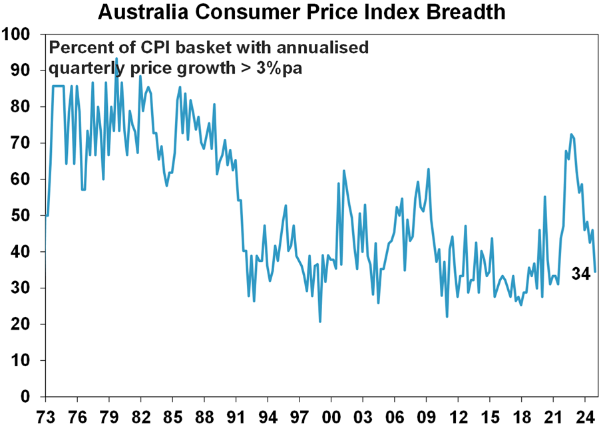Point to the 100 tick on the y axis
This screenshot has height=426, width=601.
pos(20,34)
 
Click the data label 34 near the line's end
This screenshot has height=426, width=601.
pos(580,273)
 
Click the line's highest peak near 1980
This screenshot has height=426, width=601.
pos(116,58)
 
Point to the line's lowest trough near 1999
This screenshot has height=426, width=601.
pos(320,322)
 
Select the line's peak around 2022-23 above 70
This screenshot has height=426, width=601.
pos(571,134)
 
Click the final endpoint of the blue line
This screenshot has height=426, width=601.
pos(595,271)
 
